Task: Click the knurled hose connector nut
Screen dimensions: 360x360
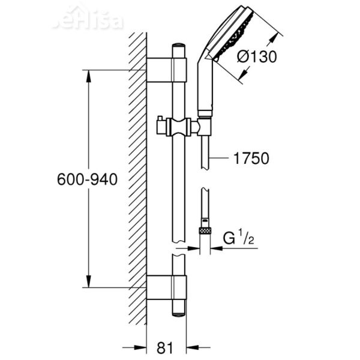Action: click(206, 230)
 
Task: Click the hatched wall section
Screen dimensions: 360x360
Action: click(138, 180)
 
